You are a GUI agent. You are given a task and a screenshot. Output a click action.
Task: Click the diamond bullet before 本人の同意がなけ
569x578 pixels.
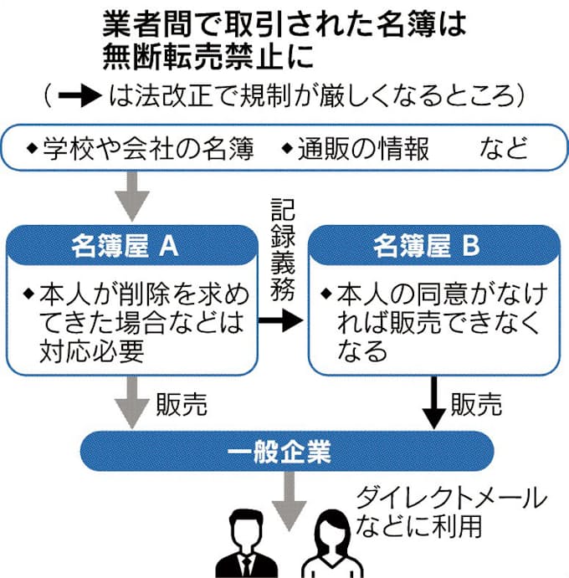tap(326, 294)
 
